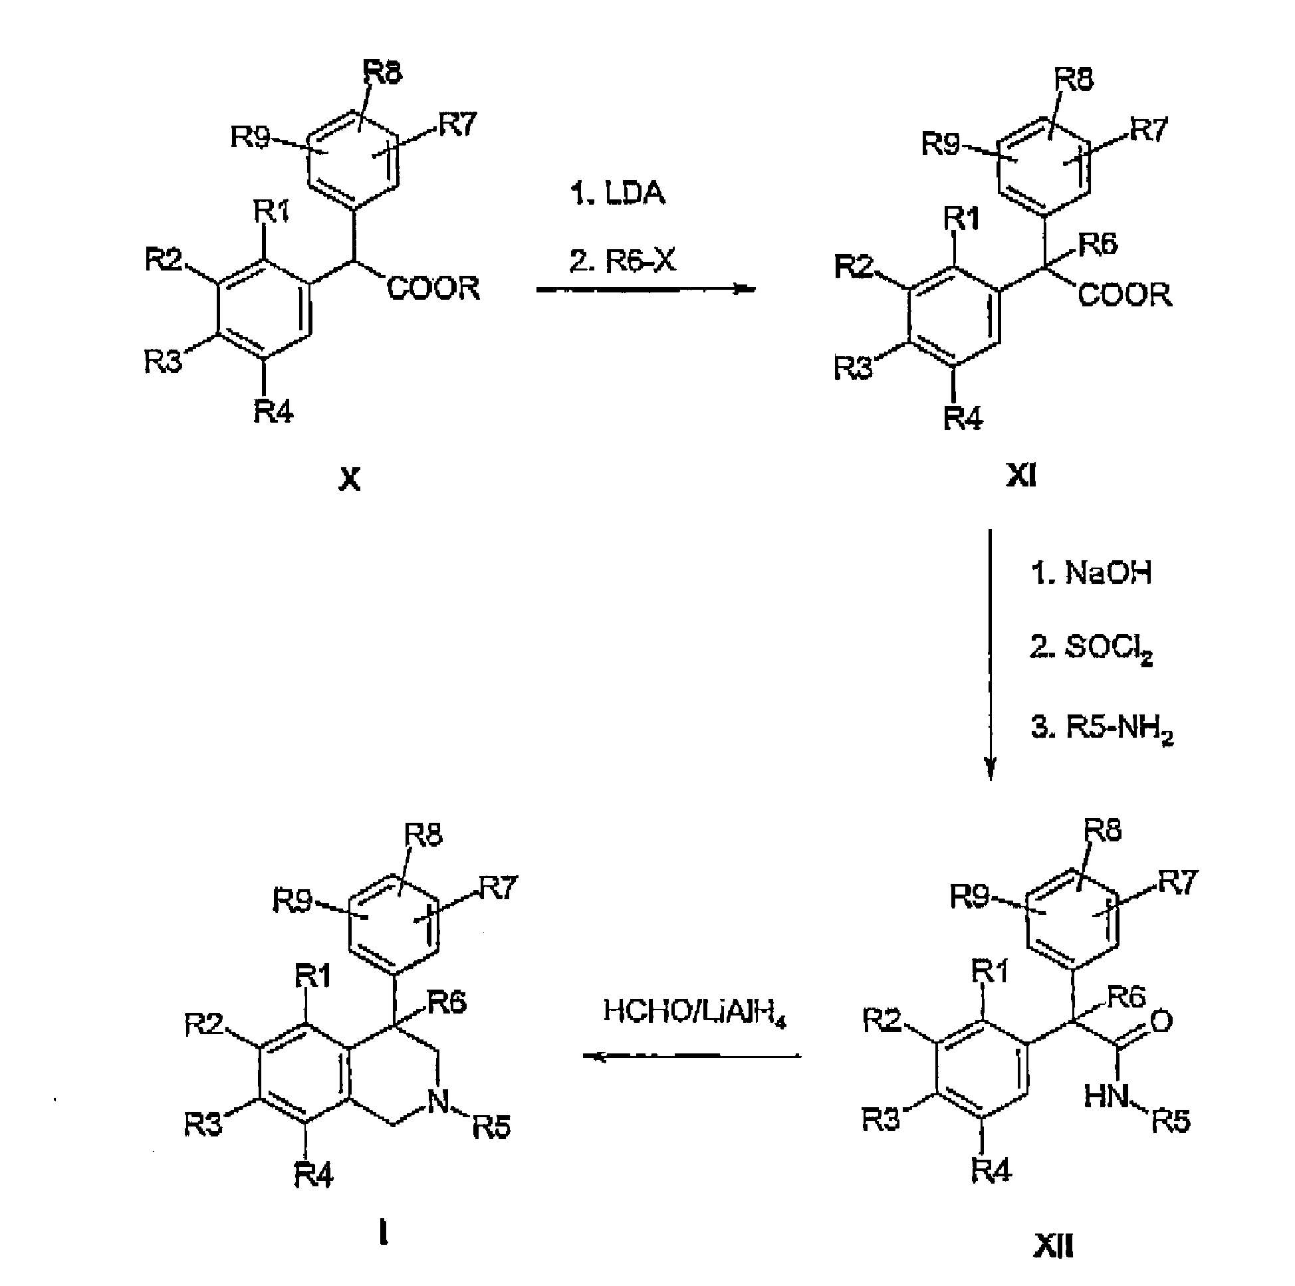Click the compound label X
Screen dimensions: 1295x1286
tap(350, 480)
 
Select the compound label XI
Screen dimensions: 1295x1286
tap(1021, 476)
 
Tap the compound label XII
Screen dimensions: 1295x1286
tap(1053, 1247)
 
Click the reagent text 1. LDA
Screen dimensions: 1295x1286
tap(618, 193)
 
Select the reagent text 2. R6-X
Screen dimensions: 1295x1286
tap(623, 260)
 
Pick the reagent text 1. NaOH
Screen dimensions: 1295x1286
tap(1091, 573)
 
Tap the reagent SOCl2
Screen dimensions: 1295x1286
tap(1108, 648)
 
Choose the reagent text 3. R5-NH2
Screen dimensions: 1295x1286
tap(1102, 728)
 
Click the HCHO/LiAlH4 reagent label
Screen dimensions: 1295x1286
tap(695, 1013)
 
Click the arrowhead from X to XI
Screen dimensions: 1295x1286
tap(745, 290)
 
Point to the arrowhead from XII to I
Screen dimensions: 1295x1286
tap(595, 1057)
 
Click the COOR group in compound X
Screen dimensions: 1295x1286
tap(433, 288)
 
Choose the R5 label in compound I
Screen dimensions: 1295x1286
tap(492, 1128)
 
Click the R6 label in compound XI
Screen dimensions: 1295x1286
tap(1098, 245)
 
